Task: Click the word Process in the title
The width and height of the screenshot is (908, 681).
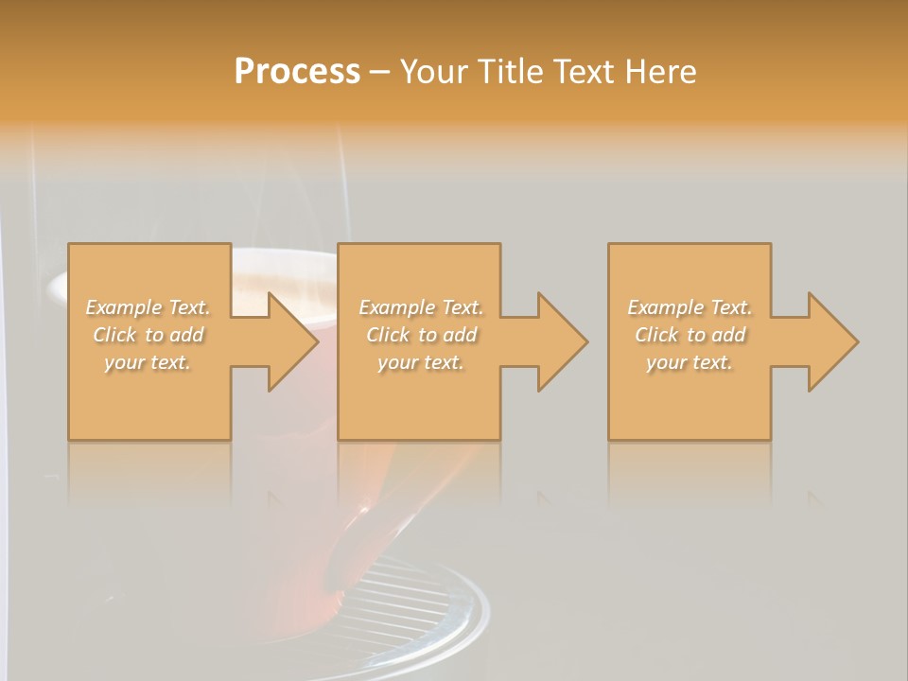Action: [297, 72]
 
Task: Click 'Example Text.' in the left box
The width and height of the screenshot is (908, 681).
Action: [148, 307]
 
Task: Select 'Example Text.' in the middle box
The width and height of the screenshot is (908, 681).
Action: [421, 307]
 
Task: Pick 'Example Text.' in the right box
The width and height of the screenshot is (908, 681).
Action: [690, 307]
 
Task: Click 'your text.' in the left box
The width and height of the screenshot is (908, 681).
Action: [148, 362]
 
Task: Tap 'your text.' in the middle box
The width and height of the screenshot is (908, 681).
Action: [421, 362]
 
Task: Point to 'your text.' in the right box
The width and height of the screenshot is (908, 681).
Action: [690, 362]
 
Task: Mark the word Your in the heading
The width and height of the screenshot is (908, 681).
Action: [433, 72]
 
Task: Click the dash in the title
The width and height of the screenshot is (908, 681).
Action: [379, 72]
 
